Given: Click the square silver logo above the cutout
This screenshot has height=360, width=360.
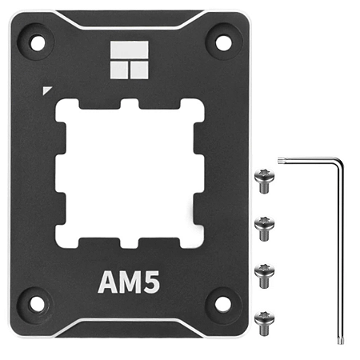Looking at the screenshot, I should tap(127, 62).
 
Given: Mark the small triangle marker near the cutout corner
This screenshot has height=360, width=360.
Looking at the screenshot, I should tap(50, 90).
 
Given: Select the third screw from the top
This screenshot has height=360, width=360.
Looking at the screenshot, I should tap(261, 272).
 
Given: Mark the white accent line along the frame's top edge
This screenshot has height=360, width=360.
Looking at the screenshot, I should tap(127, 26).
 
